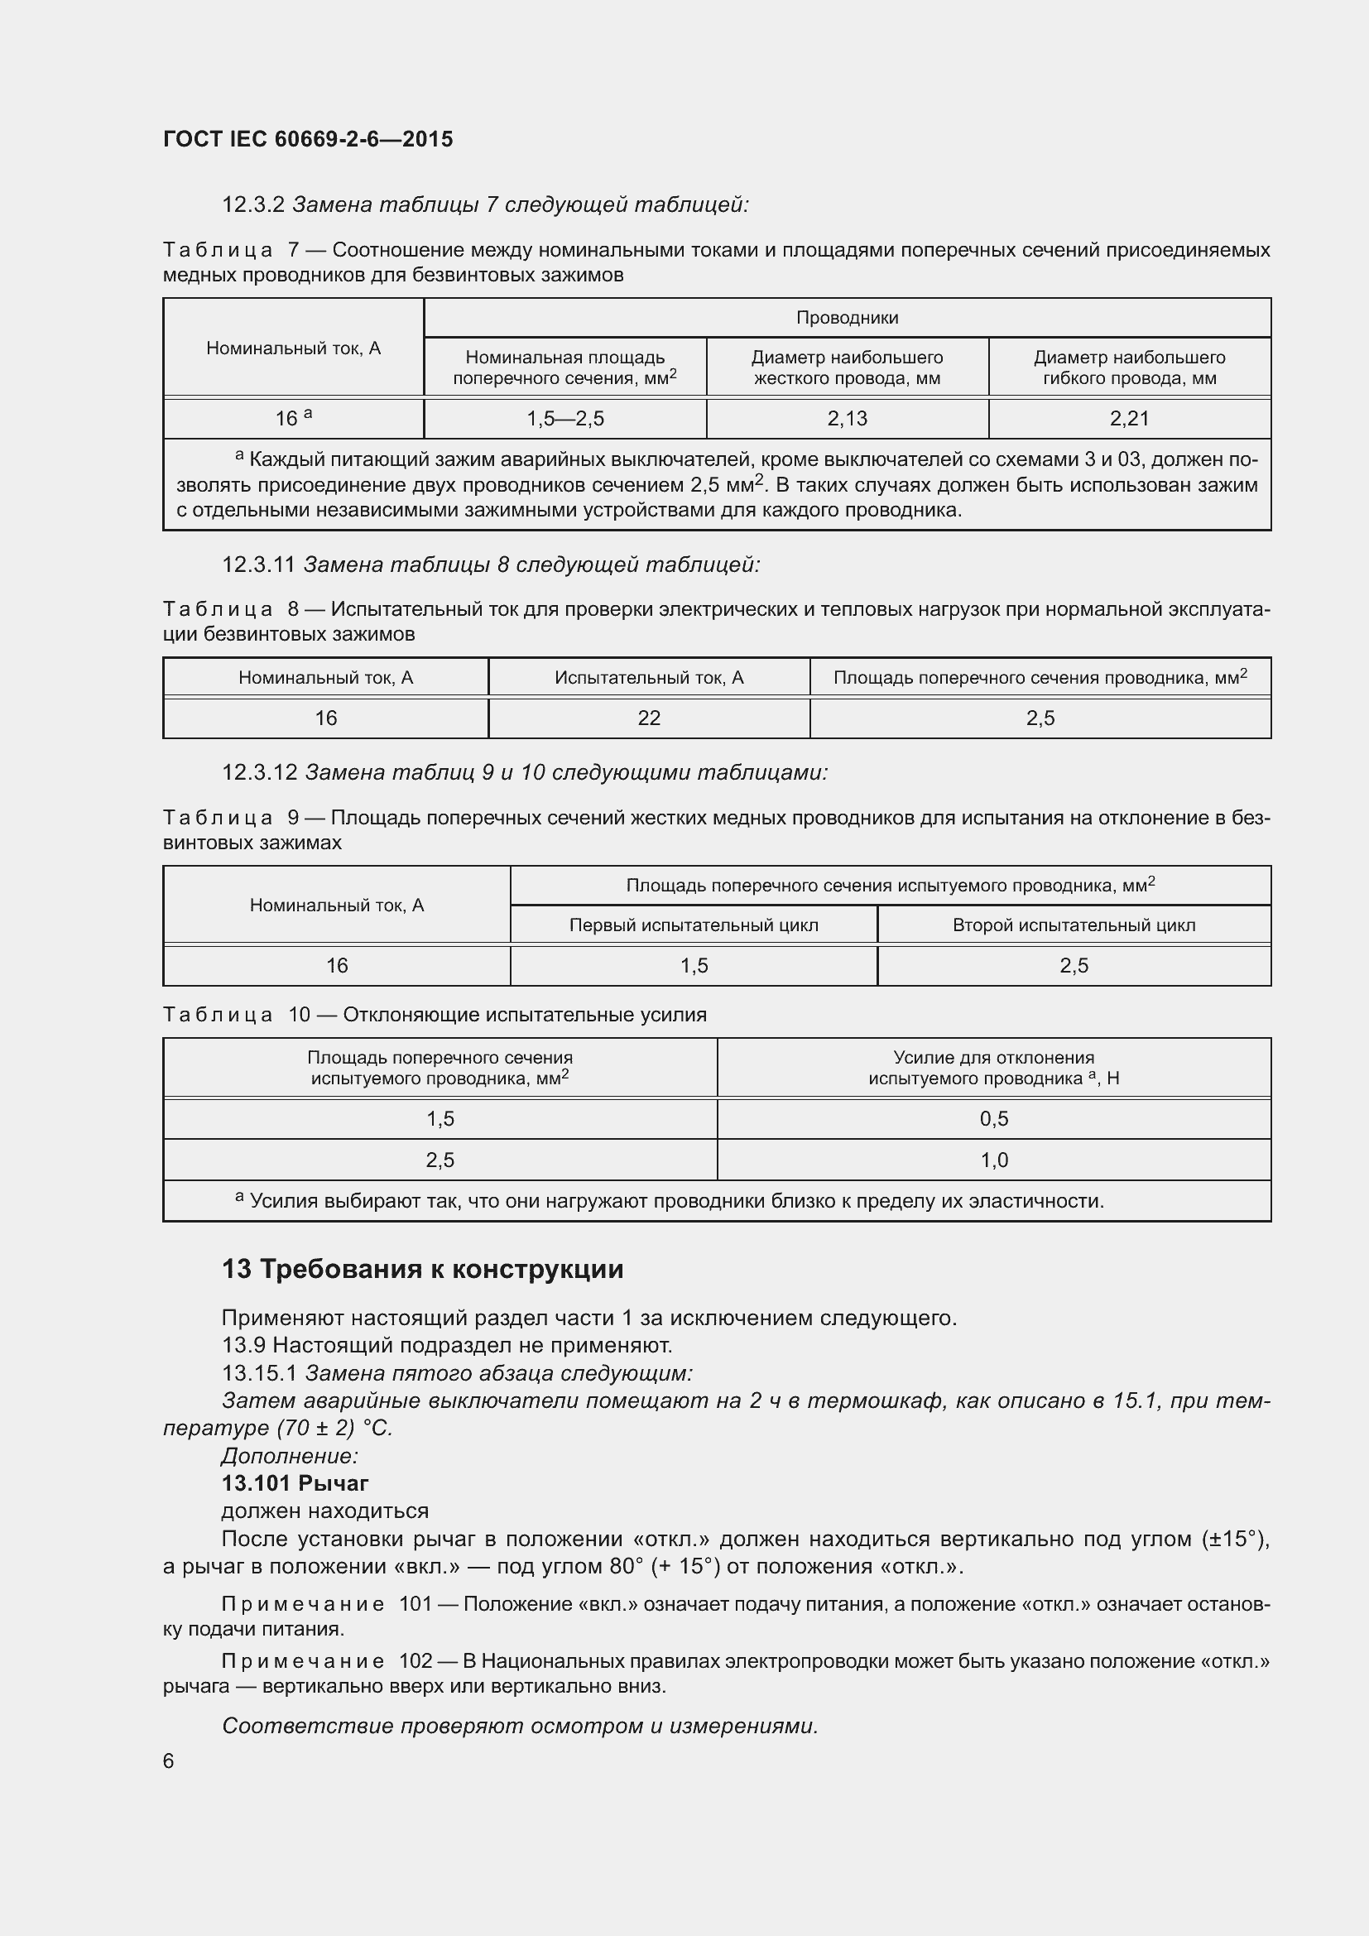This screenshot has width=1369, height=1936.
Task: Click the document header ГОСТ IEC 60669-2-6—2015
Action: coord(308,139)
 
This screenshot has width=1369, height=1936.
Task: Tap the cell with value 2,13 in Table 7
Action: coord(848,418)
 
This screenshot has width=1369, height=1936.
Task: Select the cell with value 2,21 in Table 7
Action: coord(1130,418)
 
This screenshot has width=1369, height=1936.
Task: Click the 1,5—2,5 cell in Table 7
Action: coord(564,418)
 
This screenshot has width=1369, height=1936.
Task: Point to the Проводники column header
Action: coord(848,318)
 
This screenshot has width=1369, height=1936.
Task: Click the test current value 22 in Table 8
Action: coord(649,718)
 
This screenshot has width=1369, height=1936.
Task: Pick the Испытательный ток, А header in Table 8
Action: coord(649,677)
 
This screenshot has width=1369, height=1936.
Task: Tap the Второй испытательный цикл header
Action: coord(1074,925)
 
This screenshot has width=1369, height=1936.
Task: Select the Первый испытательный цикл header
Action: coord(694,925)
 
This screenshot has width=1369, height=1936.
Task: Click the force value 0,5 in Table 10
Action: coord(994,1119)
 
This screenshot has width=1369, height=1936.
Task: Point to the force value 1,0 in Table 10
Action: coord(994,1160)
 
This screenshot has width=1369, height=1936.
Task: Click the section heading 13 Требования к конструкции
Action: coord(422,1269)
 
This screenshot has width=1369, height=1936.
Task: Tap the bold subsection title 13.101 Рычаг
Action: coord(295,1483)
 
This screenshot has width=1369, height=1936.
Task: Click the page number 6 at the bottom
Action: coord(169,1761)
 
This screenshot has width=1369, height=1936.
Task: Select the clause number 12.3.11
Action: coord(258,565)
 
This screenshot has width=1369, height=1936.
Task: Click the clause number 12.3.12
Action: coord(259,772)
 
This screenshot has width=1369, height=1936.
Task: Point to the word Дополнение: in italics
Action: coord(290,1456)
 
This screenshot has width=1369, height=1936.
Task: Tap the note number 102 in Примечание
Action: coord(416,1661)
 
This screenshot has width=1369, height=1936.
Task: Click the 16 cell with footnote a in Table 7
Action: coord(293,418)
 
